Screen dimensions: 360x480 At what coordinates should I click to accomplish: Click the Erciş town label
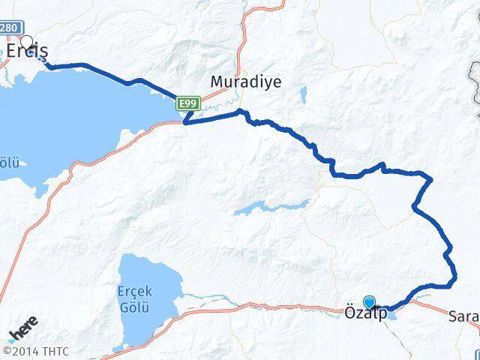(28, 51)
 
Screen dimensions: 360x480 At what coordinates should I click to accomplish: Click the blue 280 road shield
(9, 28)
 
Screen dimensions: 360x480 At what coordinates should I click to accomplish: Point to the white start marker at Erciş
(28, 42)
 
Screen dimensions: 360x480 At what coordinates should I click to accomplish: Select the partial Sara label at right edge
(465, 316)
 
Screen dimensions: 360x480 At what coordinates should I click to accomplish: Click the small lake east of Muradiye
(303, 95)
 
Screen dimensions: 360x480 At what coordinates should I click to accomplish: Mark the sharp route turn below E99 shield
(184, 122)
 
